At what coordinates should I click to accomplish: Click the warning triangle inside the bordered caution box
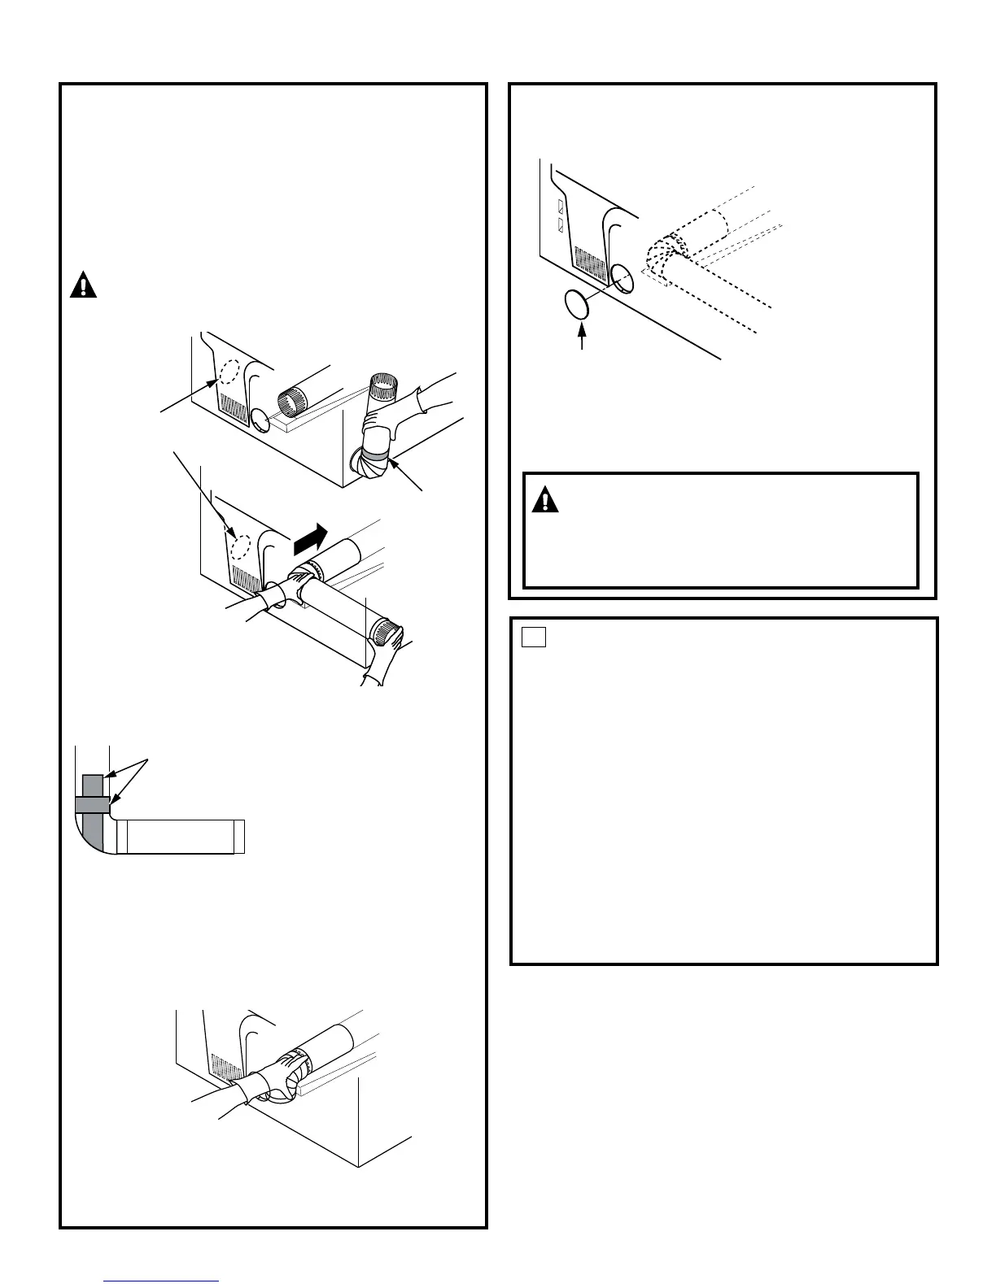click(544, 500)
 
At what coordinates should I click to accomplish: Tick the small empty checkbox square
click(533, 637)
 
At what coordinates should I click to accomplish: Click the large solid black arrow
click(311, 537)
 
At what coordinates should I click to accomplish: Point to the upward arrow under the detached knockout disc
click(582, 337)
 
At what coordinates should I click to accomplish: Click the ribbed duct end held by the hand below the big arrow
click(387, 629)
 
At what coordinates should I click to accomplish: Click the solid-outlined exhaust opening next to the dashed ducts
click(621, 281)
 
